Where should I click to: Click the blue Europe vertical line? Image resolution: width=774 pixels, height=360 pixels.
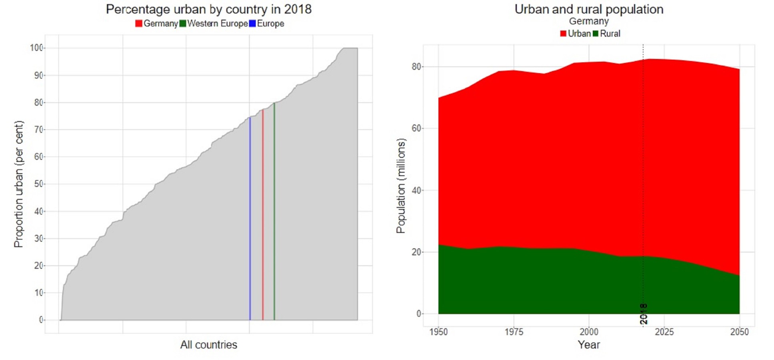click(250, 220)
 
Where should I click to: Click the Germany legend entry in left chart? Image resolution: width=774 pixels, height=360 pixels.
click(157, 24)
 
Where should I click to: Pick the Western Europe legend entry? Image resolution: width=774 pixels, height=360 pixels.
click(214, 24)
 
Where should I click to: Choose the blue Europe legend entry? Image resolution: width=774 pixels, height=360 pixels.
click(267, 24)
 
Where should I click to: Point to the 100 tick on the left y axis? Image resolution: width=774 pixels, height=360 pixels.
click(36, 48)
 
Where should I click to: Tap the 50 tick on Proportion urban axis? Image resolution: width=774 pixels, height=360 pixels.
click(38, 184)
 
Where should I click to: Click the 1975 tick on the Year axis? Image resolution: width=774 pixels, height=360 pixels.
click(514, 332)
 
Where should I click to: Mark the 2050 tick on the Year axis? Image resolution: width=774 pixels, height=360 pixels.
click(739, 332)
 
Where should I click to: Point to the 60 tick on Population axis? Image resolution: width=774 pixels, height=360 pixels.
click(416, 128)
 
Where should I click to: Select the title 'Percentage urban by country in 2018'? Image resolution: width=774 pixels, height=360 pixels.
click(208, 9)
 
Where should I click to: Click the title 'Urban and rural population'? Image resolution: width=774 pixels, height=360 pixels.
click(589, 9)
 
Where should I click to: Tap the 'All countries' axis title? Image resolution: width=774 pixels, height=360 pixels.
click(208, 345)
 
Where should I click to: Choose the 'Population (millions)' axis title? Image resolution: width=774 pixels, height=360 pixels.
click(401, 186)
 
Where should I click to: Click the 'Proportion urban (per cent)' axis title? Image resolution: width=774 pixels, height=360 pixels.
click(19, 184)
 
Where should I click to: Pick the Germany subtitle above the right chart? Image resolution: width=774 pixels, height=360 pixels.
click(589, 21)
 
